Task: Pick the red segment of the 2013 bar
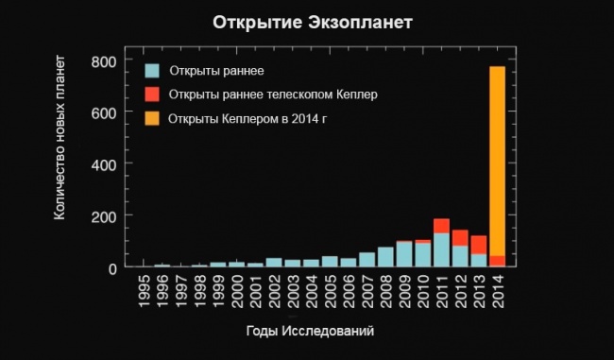click(479, 244)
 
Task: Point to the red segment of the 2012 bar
click(460, 237)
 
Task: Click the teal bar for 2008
click(385, 257)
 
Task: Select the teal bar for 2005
click(330, 262)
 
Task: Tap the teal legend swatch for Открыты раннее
click(151, 70)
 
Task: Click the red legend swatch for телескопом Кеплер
click(151, 94)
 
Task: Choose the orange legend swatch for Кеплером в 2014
click(151, 119)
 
